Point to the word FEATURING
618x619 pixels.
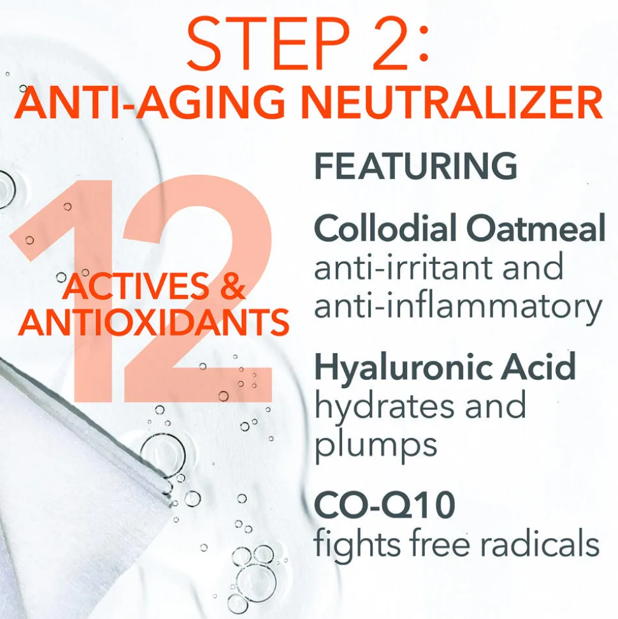tap(415, 166)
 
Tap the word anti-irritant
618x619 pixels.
tap(402, 266)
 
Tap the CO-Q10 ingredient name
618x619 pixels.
tap(384, 505)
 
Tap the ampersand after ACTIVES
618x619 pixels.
tap(233, 286)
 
